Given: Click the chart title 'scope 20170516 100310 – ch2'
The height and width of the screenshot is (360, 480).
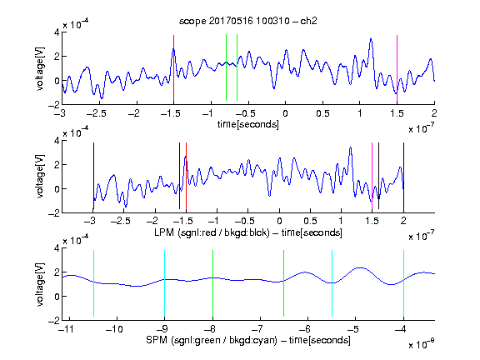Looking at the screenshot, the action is click(x=248, y=21).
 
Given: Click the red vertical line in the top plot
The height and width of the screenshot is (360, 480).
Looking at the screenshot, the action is click(x=173, y=68).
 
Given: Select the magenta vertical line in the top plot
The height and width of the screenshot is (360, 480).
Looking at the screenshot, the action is click(x=397, y=68).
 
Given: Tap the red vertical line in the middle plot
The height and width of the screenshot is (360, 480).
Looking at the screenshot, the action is click(x=186, y=176).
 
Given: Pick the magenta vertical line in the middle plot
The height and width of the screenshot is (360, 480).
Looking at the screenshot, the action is click(x=372, y=176).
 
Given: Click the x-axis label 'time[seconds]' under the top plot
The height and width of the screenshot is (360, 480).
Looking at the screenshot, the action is click(x=248, y=124).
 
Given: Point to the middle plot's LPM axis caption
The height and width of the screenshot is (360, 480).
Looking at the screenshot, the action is click(x=248, y=232).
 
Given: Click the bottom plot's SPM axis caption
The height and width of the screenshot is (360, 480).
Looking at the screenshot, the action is click(x=248, y=340).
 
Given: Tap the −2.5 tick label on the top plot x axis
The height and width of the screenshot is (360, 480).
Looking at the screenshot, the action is click(x=96, y=113).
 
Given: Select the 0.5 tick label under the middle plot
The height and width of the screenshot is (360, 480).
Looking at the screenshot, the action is click(x=310, y=221).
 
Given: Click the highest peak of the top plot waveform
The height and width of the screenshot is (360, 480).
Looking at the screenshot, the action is click(x=371, y=39).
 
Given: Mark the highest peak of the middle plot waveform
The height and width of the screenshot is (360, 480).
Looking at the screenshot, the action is click(x=351, y=147).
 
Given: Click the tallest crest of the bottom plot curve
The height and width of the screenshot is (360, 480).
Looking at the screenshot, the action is click(x=361, y=267).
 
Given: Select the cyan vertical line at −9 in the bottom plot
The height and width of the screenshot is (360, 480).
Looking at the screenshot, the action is click(x=165, y=283).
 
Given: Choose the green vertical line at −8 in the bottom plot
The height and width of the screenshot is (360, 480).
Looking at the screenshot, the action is click(x=212, y=283).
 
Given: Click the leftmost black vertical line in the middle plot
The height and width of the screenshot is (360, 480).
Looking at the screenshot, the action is click(x=93, y=176).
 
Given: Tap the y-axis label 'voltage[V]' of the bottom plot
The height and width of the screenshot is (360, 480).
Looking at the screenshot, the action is click(x=40, y=284).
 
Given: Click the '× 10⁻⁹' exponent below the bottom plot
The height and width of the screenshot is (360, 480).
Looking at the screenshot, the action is click(x=421, y=344).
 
